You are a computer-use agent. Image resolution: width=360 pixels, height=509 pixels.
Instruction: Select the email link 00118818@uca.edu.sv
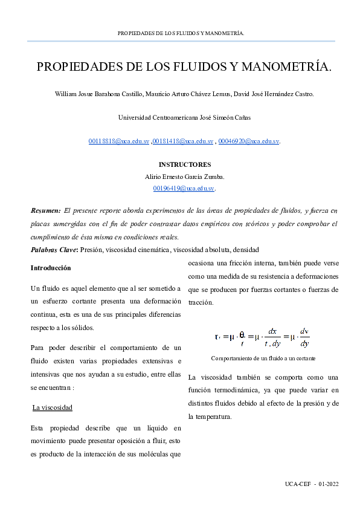click(x=118, y=141)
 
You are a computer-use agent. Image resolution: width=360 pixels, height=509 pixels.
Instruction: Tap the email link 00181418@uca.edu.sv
click(x=183, y=141)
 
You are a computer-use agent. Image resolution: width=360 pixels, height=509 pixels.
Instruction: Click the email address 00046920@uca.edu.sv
click(x=248, y=141)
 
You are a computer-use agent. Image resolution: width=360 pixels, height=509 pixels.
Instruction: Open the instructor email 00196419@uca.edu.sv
click(x=184, y=188)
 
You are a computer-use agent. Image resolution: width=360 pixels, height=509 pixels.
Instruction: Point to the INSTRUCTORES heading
click(x=184, y=164)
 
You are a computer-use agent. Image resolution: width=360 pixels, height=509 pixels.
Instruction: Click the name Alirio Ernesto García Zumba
click(x=184, y=177)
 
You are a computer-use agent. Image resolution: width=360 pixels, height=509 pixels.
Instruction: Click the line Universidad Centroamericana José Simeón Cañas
click(x=184, y=117)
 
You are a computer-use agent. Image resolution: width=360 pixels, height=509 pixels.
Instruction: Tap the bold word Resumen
click(x=45, y=211)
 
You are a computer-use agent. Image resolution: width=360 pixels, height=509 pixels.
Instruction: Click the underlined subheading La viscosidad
click(x=53, y=408)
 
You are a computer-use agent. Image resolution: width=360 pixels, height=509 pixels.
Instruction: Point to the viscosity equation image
click(x=262, y=336)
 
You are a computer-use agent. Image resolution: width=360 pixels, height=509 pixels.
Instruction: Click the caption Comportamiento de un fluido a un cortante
click(x=263, y=358)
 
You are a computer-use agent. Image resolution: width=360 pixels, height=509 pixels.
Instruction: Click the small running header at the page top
click(x=181, y=33)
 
